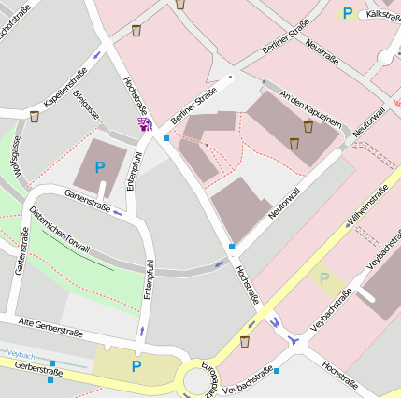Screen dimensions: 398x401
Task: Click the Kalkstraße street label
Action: click(382, 16)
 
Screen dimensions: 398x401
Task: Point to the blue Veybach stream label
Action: click(21, 356)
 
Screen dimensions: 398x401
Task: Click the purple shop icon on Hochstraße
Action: click(144, 123)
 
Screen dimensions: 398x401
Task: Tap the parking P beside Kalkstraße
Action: click(348, 13)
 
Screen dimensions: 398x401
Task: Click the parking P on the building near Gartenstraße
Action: click(100, 167)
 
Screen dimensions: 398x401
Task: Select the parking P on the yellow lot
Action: click(136, 366)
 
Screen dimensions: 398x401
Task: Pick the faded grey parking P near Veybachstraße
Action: click(324, 277)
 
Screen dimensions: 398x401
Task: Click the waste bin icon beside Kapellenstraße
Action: click(35, 117)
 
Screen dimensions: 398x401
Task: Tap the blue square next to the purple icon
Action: click(166, 138)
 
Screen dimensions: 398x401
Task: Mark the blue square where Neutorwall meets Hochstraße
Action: click(232, 247)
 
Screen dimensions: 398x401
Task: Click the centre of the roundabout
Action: click(198, 381)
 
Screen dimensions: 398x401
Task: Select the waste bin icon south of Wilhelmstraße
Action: click(245, 342)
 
